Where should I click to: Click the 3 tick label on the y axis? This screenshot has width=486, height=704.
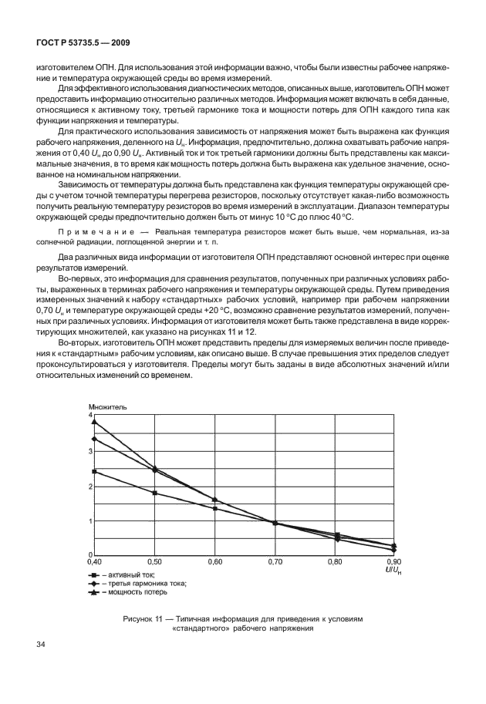coord(89,450)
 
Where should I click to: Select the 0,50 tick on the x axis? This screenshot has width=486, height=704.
coord(155,563)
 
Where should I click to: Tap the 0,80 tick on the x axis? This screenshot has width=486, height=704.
coord(335,563)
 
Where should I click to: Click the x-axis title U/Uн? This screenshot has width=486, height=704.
coord(394,571)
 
